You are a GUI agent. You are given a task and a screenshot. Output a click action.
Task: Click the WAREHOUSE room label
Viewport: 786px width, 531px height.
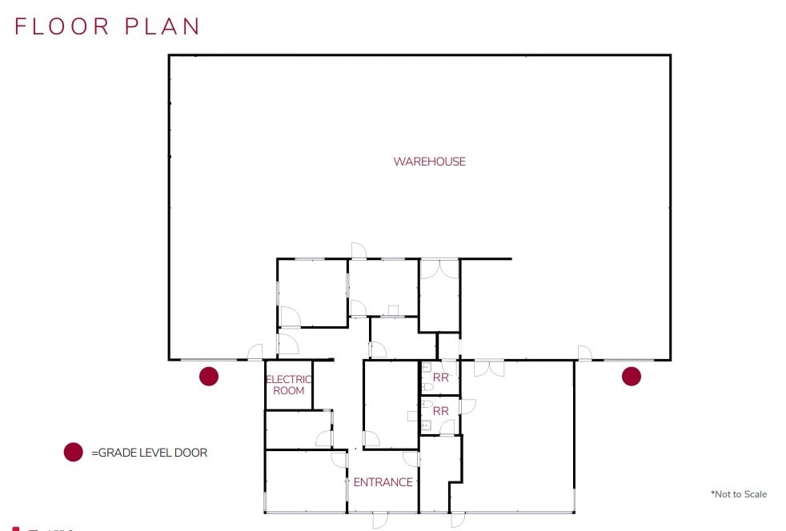[x=429, y=162]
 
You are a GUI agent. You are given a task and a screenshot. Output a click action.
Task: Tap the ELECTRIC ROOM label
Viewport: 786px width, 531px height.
[x=288, y=385]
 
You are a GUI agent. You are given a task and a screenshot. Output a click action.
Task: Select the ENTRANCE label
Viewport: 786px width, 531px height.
[x=383, y=482]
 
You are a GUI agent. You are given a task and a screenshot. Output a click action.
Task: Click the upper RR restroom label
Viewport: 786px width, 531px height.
[x=440, y=377]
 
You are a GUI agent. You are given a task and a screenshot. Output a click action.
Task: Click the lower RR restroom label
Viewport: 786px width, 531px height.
[x=440, y=411]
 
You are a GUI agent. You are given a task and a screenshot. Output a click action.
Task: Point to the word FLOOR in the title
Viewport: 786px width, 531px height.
[x=62, y=26]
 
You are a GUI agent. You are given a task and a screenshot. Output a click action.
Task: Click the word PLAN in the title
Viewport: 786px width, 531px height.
[x=162, y=26]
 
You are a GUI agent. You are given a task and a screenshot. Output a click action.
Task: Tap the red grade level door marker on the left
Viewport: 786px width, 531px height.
[x=209, y=376]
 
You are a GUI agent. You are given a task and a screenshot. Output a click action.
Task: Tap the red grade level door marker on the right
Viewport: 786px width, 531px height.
[x=632, y=376]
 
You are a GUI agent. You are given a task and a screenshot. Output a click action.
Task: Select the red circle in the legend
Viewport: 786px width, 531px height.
[x=73, y=453]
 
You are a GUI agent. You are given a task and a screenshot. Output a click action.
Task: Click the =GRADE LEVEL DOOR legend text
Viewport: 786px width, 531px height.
[x=149, y=453]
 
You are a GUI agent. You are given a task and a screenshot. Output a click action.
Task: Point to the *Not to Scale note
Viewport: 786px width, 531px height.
[x=738, y=494]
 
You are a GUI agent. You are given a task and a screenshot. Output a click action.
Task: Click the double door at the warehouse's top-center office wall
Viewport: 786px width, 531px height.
[x=439, y=269]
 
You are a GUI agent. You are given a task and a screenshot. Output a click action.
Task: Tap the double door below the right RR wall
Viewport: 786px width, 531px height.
[x=489, y=368]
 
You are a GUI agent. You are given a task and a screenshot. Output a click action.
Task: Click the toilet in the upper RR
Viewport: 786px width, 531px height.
[x=428, y=386]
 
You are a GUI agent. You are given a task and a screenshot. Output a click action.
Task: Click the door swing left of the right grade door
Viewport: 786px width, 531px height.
[x=584, y=353]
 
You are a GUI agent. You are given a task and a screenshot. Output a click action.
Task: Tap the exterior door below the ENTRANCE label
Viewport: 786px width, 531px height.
[x=380, y=519]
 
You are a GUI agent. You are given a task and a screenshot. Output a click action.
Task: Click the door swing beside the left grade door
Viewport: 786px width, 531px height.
[x=255, y=352]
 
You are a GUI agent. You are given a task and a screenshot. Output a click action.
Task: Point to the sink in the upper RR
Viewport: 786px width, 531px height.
[x=427, y=368]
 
